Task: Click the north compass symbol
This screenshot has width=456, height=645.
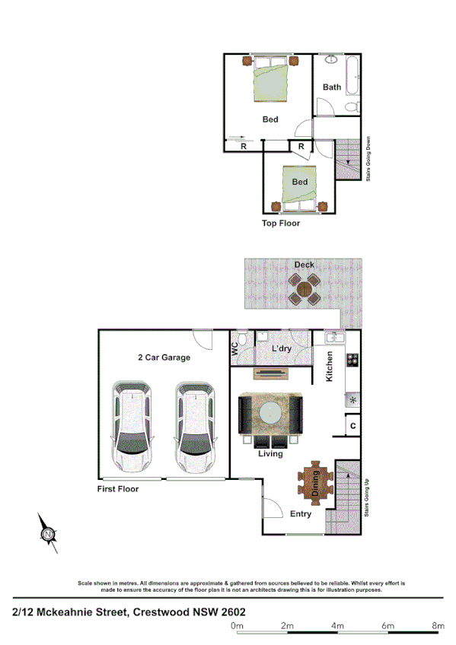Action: pos(48,534)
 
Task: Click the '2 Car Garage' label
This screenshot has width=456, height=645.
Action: pos(164,357)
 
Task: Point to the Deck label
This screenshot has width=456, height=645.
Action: pos(305,265)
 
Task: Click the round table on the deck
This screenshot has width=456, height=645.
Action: pos(305,289)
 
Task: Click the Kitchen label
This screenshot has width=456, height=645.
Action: pos(330,366)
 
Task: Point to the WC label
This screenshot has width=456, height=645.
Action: pos(234,349)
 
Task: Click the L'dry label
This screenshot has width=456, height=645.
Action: pos(282,349)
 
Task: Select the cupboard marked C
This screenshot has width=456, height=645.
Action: pos(352,427)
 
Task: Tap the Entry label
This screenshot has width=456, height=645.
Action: pos(301,514)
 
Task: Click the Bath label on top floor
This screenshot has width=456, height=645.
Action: pos(332,87)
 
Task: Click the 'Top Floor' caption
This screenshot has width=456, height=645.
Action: pos(281,224)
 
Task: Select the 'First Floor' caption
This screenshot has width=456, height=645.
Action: pos(117,489)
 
